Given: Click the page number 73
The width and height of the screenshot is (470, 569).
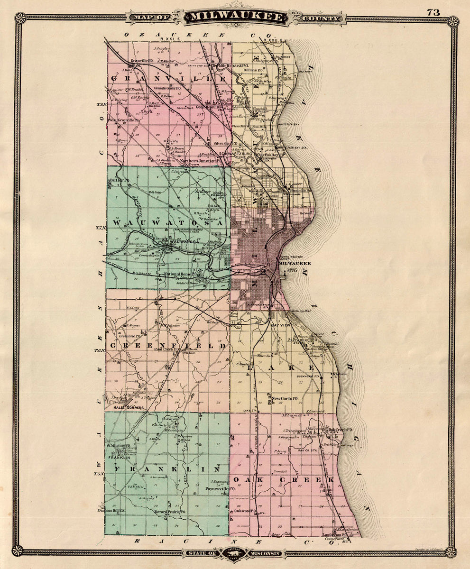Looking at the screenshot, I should (x=433, y=12).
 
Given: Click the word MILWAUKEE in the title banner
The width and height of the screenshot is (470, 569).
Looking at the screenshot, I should (x=236, y=18).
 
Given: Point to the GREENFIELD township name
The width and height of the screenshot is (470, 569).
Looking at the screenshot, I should (x=168, y=346).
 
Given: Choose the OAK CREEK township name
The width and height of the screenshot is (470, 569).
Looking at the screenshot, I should (x=283, y=480).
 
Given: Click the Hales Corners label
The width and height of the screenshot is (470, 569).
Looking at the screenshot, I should (x=128, y=407).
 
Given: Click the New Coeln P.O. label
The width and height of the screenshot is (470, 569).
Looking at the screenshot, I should (x=284, y=398).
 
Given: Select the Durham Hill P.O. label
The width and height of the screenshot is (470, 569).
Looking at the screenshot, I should (x=111, y=510).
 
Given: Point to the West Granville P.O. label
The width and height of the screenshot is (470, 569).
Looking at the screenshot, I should (x=123, y=120).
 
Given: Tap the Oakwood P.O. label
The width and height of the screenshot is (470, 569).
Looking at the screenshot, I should (x=245, y=511).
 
